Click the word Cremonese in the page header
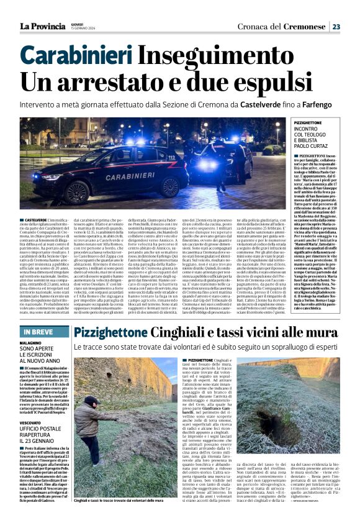click(304, 26)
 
